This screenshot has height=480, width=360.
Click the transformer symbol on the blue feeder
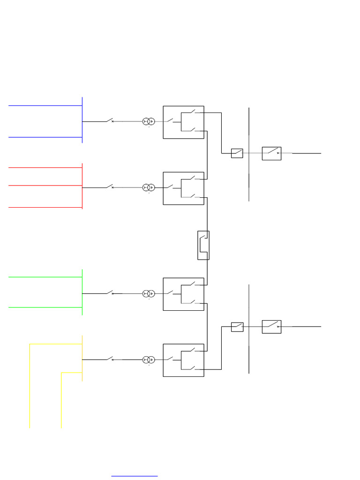[x=149, y=121]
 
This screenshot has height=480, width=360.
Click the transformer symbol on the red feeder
[x=149, y=187]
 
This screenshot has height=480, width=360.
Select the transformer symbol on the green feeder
[x=149, y=293]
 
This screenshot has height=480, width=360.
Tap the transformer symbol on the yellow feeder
[x=149, y=360]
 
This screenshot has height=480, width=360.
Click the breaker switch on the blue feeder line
[x=111, y=121]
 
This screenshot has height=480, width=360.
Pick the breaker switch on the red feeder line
[x=111, y=187]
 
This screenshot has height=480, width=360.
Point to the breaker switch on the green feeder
[x=111, y=293]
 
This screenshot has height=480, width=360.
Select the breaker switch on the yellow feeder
[x=111, y=359]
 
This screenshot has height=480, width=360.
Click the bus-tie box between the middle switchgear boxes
[x=203, y=245]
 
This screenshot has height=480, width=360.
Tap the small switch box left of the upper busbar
[x=237, y=153]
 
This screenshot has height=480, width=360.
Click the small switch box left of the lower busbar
[x=237, y=327]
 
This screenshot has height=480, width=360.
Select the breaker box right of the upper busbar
[x=271, y=153]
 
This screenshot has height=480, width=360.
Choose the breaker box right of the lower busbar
[x=271, y=327]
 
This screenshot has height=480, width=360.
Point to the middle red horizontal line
[x=45, y=186]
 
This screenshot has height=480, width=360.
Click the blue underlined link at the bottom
[x=134, y=476]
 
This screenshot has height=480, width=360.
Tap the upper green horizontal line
[x=45, y=277]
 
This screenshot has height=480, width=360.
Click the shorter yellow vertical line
[x=61, y=401]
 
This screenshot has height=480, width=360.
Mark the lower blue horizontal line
[x=45, y=137]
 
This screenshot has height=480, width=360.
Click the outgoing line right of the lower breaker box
[x=307, y=327]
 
